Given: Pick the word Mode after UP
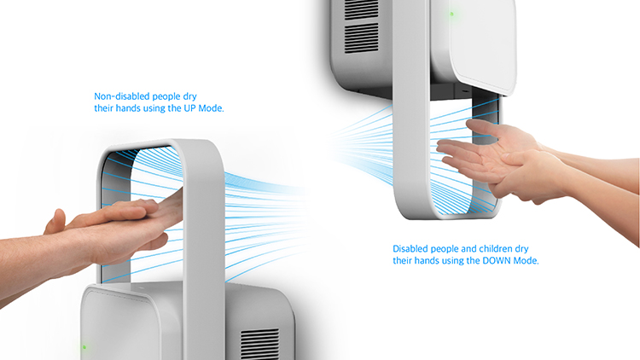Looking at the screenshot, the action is (x=211, y=108).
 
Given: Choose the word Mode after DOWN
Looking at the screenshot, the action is (x=526, y=260).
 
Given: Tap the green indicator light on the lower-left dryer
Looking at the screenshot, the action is (x=84, y=347).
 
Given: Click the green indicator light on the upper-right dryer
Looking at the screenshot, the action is (x=451, y=14).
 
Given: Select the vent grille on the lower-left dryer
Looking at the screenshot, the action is (x=259, y=344).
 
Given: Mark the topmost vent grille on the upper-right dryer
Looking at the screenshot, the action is (x=361, y=9).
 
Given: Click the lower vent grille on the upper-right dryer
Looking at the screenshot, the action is (x=361, y=38).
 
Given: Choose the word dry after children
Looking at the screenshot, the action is (x=521, y=249).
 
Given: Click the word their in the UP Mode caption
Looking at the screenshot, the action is (x=104, y=108).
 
